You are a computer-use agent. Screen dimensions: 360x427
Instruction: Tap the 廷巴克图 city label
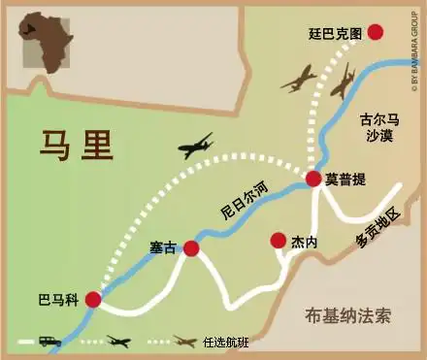click(x=334, y=33)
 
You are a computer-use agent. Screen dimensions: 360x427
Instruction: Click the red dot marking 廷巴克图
click(x=376, y=32)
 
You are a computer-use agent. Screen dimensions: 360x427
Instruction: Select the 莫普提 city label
click(x=345, y=179)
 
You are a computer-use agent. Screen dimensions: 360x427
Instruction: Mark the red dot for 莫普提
click(x=313, y=179)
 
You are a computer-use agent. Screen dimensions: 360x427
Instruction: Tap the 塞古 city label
click(x=163, y=247)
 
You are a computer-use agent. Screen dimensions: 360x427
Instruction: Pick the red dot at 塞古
click(x=191, y=248)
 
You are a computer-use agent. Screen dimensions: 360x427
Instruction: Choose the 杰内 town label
click(x=304, y=242)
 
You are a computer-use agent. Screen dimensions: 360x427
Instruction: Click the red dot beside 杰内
click(x=279, y=240)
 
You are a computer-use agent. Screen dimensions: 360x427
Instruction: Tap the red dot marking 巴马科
click(x=93, y=300)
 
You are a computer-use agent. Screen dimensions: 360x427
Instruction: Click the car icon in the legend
click(x=49, y=342)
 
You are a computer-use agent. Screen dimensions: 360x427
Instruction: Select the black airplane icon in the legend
click(x=118, y=342)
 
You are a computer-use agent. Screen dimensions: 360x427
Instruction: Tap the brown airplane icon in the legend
click(x=184, y=342)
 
